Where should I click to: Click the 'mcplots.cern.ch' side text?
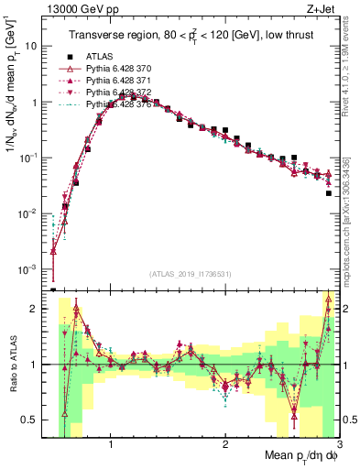[352, 229]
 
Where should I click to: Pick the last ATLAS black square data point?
[329, 193]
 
